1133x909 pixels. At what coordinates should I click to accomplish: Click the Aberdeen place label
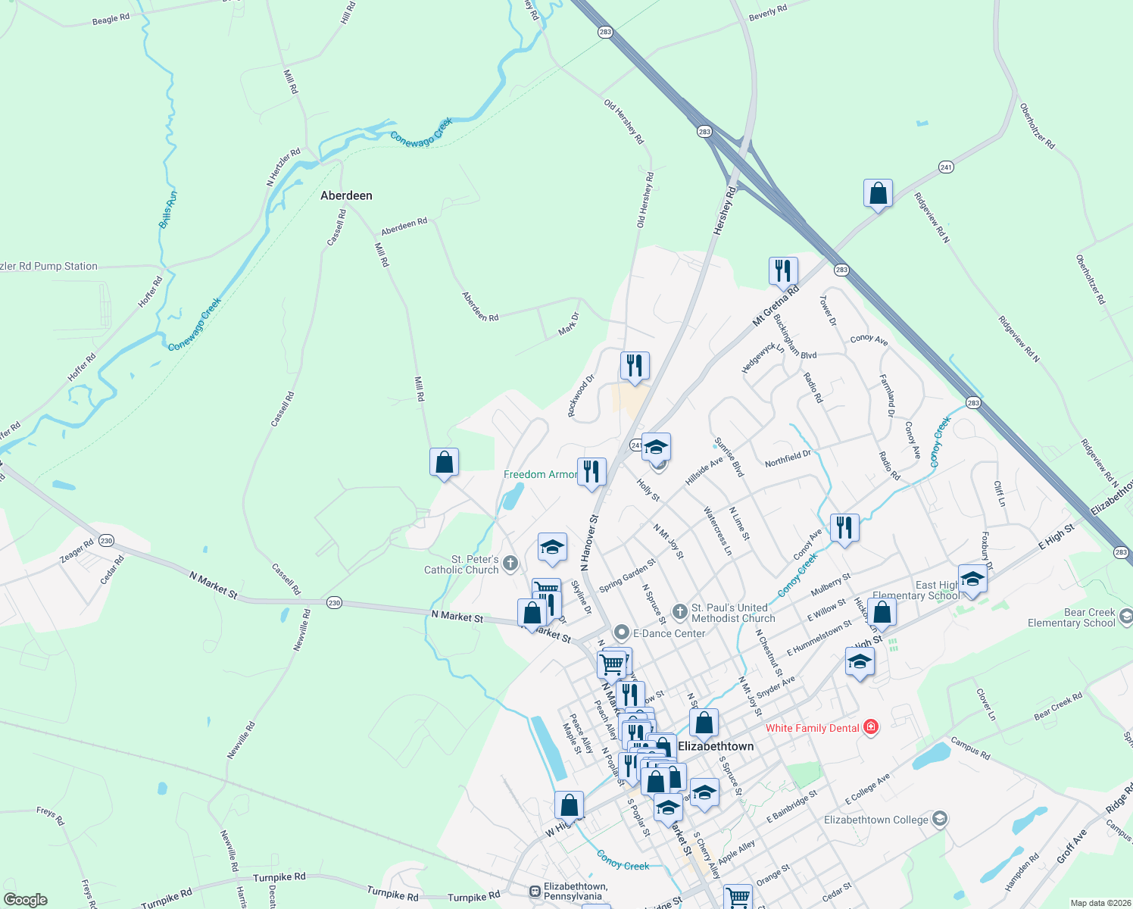click(346, 195)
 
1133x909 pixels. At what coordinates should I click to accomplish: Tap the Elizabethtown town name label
click(716, 746)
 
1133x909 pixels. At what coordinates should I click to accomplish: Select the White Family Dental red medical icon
click(871, 728)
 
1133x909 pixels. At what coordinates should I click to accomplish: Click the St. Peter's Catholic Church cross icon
click(510, 563)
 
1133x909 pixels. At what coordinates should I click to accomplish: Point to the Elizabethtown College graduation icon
click(940, 819)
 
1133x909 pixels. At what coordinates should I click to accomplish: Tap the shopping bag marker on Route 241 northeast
click(878, 194)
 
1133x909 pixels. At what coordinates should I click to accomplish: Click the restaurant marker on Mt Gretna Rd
click(783, 271)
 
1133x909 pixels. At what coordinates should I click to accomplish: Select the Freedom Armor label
click(540, 474)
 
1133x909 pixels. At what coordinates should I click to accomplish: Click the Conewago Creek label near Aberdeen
click(421, 132)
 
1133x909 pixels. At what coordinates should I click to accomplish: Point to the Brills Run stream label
click(168, 210)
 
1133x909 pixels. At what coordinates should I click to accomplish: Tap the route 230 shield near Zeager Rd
click(106, 541)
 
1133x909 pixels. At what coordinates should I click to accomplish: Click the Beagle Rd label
click(111, 19)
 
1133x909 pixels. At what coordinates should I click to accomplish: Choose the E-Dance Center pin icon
click(622, 633)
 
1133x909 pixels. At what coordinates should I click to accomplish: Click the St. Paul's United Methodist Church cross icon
click(679, 611)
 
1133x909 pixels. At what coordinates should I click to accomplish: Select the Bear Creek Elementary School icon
click(1125, 617)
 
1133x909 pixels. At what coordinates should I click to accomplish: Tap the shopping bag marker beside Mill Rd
click(444, 462)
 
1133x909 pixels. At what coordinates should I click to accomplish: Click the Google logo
click(25, 900)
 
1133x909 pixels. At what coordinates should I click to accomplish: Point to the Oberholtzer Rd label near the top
click(1037, 126)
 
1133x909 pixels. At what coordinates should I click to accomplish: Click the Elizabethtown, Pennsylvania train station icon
click(535, 891)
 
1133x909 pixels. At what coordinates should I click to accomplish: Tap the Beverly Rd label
click(767, 13)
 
